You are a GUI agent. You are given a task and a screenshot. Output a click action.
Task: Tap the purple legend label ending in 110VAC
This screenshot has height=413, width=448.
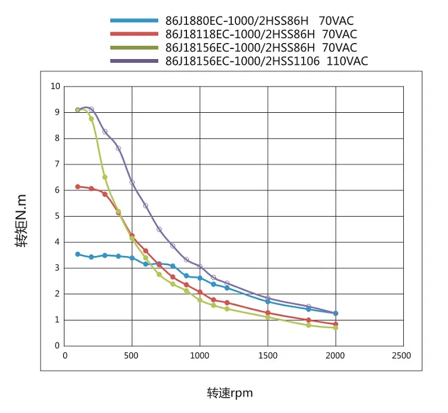pyautogui.click(x=266, y=61)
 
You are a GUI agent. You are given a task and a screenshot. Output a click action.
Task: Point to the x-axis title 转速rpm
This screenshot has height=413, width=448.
pyautogui.click(x=230, y=393)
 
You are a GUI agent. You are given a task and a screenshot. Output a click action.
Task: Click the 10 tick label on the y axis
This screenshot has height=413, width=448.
pyautogui.click(x=56, y=86)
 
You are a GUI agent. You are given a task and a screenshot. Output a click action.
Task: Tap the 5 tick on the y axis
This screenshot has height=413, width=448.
pyautogui.click(x=57, y=216)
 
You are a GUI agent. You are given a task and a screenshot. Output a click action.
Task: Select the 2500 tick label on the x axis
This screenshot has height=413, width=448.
pyautogui.click(x=401, y=355)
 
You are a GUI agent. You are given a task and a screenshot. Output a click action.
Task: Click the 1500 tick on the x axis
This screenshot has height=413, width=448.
pyautogui.click(x=268, y=355)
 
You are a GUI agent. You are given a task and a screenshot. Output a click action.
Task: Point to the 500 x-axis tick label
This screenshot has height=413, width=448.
pyautogui.click(x=132, y=355)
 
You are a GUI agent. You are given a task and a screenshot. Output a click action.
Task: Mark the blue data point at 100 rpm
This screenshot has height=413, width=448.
pyautogui.click(x=78, y=254)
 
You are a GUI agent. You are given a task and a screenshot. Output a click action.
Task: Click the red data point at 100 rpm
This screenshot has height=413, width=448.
pyautogui.click(x=78, y=187)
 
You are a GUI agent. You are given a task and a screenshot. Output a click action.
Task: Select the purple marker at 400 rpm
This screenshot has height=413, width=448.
pyautogui.click(x=118, y=148)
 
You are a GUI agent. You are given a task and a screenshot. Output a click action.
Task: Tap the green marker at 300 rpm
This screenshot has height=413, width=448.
pyautogui.click(x=105, y=177)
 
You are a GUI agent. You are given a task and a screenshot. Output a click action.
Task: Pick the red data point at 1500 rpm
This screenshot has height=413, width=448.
pyautogui.click(x=268, y=313)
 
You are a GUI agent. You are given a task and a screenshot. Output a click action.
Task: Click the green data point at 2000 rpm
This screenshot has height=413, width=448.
pyautogui.click(x=336, y=328)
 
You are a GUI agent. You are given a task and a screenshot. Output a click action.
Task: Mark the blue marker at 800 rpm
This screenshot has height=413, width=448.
pyautogui.click(x=173, y=266)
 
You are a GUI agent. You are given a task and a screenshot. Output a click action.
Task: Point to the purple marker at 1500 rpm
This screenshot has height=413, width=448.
pyautogui.click(x=268, y=298)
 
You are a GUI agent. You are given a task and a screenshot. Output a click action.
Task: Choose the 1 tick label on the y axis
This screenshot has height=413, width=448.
pyautogui.click(x=57, y=320)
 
